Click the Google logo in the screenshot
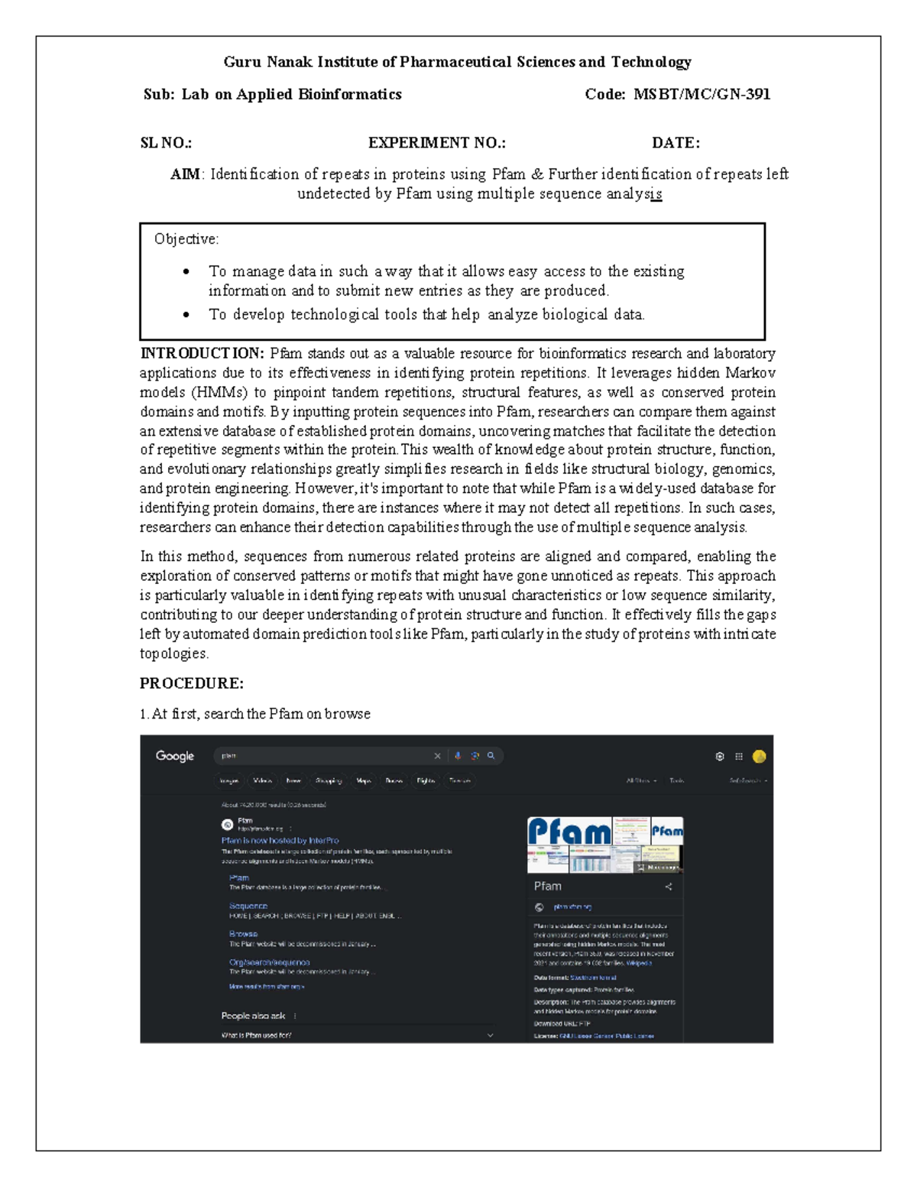point(175,756)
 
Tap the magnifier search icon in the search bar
point(491,756)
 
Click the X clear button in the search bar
point(437,756)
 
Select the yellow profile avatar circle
point(759,756)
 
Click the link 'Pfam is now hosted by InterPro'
point(280,840)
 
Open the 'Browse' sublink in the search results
point(243,934)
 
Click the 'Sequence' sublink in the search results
point(248,906)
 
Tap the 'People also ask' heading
point(253,1016)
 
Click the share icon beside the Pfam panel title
point(669,887)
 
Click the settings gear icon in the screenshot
point(720,756)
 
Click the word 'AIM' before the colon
point(185,174)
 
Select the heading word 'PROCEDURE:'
point(192,683)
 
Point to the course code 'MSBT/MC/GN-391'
point(702,95)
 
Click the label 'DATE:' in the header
point(676,143)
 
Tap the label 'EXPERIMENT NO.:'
point(437,143)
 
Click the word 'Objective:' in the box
point(186,239)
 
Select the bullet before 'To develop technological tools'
point(186,314)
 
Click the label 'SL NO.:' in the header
point(166,143)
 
